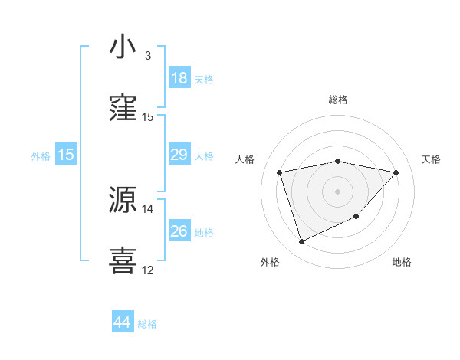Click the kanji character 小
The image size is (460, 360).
point(123,47)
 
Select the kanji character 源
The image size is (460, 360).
point(123,200)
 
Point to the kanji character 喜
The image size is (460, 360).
point(123,260)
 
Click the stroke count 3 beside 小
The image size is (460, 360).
point(148,56)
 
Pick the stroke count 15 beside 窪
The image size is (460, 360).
point(148,117)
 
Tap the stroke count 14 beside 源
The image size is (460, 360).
point(148,208)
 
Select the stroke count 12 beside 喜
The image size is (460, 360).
point(148,270)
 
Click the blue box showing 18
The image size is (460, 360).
point(179,78)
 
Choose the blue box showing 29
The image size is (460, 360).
point(179,155)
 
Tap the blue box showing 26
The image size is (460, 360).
point(179,231)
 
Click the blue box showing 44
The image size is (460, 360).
point(122,323)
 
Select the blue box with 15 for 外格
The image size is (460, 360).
point(66,155)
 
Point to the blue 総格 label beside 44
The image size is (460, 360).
point(147,324)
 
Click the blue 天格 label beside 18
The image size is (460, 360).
point(204,79)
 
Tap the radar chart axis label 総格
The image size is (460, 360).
point(338,100)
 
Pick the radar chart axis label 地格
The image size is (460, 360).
point(402,262)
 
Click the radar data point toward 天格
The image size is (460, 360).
point(396,172)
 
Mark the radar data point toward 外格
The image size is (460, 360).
point(301,242)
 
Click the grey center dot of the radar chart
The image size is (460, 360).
point(338,191)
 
